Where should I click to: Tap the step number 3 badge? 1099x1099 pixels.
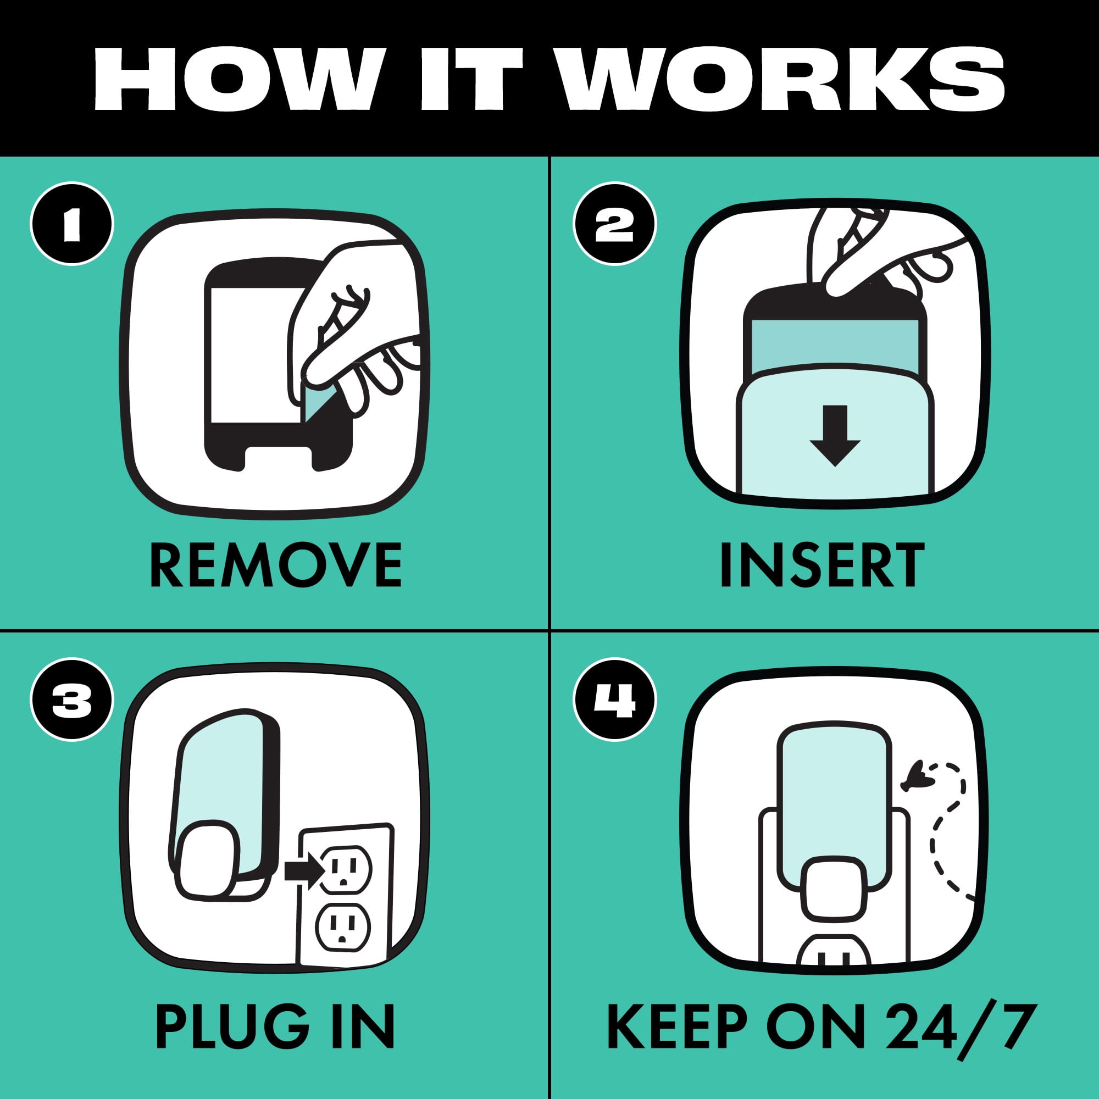72,700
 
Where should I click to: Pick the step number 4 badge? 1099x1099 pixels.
615,700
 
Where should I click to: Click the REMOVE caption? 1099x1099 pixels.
276,565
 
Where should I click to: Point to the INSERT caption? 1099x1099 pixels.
822,565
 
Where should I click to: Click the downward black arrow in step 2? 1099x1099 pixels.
835,436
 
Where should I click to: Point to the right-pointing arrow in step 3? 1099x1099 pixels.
304,870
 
